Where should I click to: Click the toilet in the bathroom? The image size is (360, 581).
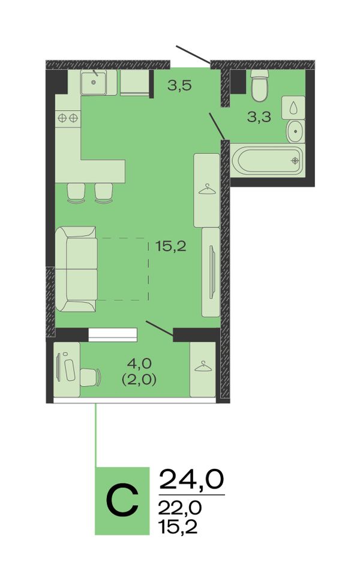tap(259, 86)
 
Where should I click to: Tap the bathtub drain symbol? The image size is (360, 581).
tap(295, 161)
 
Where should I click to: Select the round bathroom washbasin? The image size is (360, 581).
tap(295, 131)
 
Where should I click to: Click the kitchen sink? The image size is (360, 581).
tap(94, 82)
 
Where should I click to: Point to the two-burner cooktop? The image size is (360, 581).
tap(68, 118)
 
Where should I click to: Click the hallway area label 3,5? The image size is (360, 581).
tap(179, 86)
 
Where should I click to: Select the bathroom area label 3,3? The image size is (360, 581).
tap(259, 117)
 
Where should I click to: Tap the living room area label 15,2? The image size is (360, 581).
tap(171, 246)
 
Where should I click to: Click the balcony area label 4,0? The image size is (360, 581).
tap(139, 363)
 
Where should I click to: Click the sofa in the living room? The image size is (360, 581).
tap(76, 269)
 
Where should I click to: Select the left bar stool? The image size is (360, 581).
tap(76, 193)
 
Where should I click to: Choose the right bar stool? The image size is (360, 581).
tap(103, 193)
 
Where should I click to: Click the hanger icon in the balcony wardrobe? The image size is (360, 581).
tap(202, 366)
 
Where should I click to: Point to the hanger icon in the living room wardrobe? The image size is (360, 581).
tap(206, 189)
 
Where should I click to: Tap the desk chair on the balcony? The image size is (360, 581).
tap(91, 377)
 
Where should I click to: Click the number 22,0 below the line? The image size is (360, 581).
tap(180, 507)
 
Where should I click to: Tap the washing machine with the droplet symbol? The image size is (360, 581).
tap(293, 107)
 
